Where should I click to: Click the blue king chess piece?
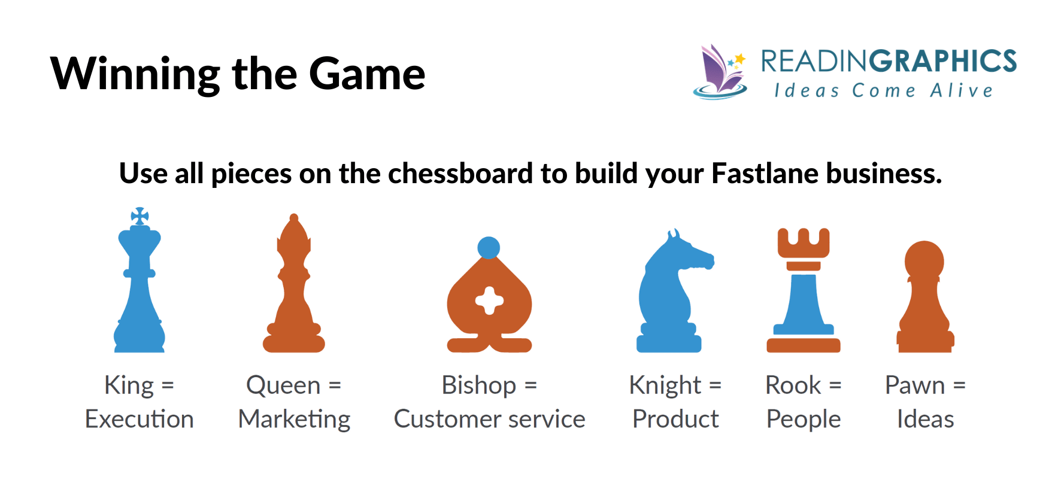coord(140,287)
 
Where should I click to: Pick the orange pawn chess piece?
coord(924,299)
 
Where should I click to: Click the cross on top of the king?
coord(140,216)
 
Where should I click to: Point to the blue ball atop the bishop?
coord(489,248)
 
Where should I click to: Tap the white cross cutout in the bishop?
coord(489,300)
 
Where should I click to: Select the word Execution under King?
coord(140,419)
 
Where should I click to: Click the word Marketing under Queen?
coord(294,419)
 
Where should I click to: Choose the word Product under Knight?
coord(675,419)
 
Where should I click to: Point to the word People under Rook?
coord(804,419)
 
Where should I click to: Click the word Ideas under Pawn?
coord(925,419)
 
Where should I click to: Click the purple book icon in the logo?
coord(719,72)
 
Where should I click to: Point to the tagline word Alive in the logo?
coord(962,91)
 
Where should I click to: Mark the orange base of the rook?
coord(804,345)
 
